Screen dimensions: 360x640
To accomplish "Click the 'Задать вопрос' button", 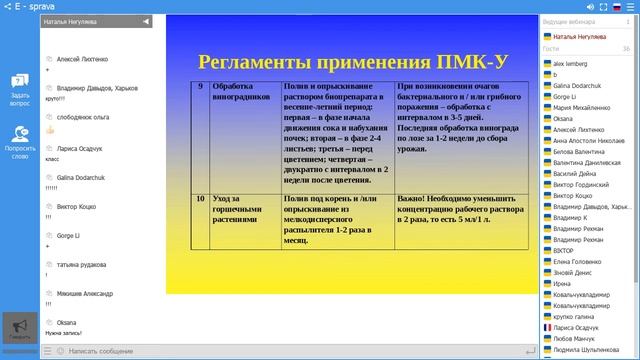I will (19, 88).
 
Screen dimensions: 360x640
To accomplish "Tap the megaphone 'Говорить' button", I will (19, 329).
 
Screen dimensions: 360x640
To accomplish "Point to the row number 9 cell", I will (200, 88).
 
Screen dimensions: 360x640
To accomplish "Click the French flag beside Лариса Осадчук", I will (546, 327).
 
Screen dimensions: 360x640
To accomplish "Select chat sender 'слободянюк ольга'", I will (83, 117).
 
